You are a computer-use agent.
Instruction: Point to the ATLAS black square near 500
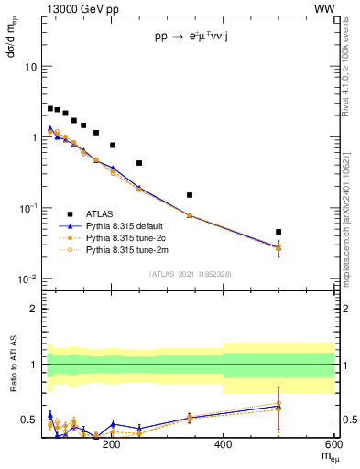coord(278,232)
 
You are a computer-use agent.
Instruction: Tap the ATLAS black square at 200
coord(113,145)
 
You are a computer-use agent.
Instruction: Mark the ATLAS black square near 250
coord(139,163)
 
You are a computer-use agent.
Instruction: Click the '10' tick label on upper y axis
coord(30,67)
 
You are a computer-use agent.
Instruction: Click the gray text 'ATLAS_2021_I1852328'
coord(190,274)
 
